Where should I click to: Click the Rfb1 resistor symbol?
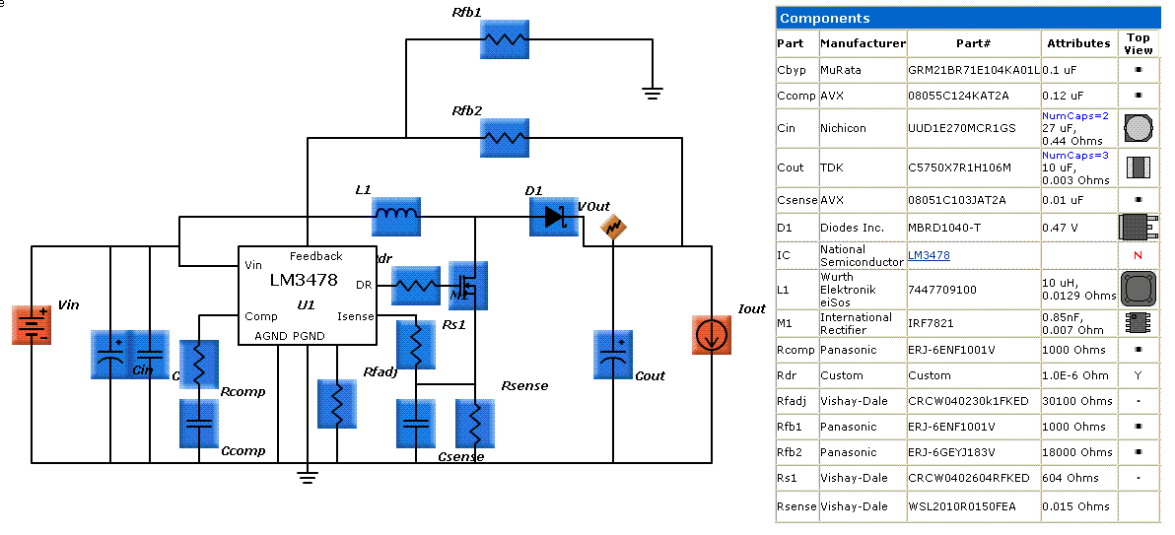505,40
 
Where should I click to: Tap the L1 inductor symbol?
396,215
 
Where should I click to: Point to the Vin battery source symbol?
31,324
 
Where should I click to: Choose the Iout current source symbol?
711,335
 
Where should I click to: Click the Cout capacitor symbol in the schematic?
613,355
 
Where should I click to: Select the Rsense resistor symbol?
475,424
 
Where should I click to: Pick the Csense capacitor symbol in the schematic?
416,424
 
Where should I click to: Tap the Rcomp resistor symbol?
199,365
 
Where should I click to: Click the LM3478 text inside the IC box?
306,281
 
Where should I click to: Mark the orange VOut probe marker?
613,228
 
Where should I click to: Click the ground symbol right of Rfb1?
652,94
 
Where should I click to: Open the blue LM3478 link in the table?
929,255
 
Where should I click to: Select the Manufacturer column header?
863,43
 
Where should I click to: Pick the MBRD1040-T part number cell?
942,228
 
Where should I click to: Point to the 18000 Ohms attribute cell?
1072,452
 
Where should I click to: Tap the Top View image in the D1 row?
1138,228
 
